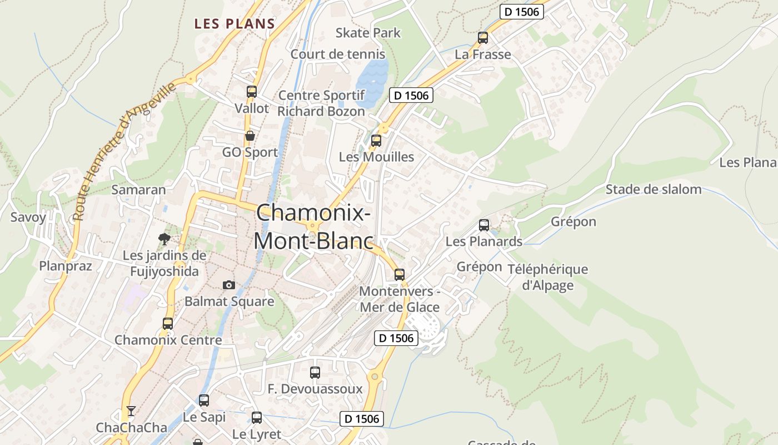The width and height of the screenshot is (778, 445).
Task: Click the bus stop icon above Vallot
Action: [252, 92]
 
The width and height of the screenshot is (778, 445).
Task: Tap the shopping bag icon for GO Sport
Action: [250, 136]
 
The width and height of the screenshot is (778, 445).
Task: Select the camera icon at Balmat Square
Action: [228, 285]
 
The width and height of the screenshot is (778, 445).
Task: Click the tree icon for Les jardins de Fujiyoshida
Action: [164, 239]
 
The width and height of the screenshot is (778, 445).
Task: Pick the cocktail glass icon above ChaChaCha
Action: [131, 411]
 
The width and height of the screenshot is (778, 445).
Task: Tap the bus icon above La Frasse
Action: [483, 38]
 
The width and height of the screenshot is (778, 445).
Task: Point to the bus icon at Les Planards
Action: [484, 225]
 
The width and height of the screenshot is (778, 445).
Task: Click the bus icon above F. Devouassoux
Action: [315, 373]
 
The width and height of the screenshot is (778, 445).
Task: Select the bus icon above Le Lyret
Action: [257, 418]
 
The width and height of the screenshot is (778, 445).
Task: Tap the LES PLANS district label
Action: [235, 24]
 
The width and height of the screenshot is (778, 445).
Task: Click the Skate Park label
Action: [368, 33]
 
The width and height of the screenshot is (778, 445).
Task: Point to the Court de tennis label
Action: [338, 54]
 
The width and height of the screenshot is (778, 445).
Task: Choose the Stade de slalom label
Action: [654, 189]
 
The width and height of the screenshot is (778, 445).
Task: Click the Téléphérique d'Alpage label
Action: [548, 277]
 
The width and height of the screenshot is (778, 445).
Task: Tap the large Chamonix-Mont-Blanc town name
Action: [313, 227]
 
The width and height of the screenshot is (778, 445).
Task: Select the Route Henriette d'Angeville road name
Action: [125, 150]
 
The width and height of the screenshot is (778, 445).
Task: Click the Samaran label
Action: [139, 190]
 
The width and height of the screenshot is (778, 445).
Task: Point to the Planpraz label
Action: [66, 266]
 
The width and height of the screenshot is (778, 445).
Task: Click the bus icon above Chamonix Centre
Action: [168, 324]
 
